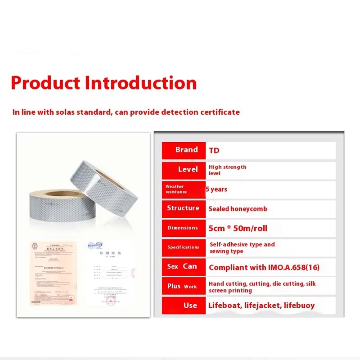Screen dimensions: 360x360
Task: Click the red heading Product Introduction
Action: coord(104,83)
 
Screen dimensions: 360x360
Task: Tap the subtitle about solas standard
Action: coord(126,112)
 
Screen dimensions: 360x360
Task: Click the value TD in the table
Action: coord(214,151)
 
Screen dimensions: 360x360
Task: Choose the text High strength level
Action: coord(227,170)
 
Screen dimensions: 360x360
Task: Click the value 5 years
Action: coord(216,189)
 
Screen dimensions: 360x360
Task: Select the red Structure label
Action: coord(184,208)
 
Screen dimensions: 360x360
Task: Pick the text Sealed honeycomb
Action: coord(238,209)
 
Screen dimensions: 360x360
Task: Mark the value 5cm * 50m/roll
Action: coord(238,228)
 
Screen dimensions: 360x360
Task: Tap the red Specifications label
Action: coord(184,247)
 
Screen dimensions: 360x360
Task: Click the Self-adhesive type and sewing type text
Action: coord(242,247)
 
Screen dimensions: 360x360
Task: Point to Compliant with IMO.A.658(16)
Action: coord(264,267)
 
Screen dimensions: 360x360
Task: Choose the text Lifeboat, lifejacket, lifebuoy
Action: coord(261,306)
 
